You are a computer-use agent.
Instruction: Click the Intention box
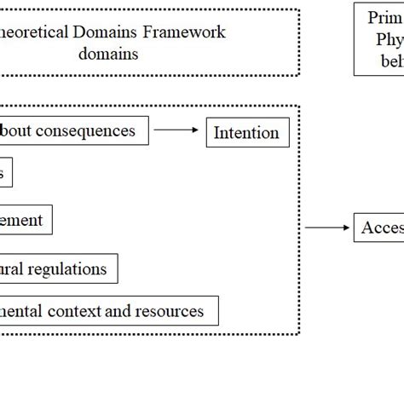pos(246,133)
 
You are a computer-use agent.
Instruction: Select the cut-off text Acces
pos(382,228)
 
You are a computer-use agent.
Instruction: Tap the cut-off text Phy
pos(389,39)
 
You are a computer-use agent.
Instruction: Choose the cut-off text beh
pos(390,61)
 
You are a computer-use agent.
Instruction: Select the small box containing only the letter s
pos(4,174)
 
